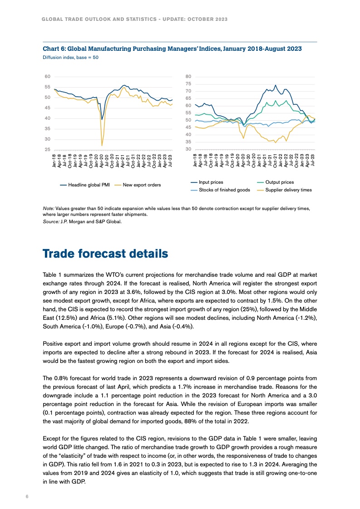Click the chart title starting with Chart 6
click(172, 49)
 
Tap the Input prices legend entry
click(211, 182)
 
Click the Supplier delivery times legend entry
click(288, 190)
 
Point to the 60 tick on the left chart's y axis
click(48, 77)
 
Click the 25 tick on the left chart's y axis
click(48, 149)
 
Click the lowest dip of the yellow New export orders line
click(102, 145)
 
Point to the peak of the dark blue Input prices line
click(275, 85)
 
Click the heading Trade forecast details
click(105, 254)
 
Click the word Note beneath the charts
click(48, 208)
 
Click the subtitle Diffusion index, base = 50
click(70, 58)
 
